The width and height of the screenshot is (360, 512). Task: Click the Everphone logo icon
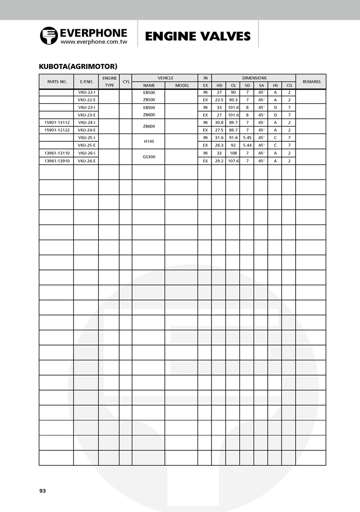coord(49,36)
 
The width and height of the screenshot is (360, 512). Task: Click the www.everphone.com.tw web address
coord(94,42)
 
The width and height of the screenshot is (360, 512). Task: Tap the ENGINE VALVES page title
coord(198,36)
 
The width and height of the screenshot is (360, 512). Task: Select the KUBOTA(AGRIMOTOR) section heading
coord(78,67)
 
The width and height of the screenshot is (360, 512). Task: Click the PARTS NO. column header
coord(57,82)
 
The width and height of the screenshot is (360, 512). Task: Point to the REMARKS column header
coord(311,82)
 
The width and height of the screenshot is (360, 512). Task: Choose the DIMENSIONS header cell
coord(254,78)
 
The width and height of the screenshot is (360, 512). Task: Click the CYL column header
coord(126,82)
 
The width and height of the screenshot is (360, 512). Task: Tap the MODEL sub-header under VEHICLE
coord(182,85)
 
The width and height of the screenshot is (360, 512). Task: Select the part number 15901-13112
coord(57,122)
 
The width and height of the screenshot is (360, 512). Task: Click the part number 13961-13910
coord(57,161)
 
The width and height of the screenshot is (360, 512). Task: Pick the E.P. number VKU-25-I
coord(86,138)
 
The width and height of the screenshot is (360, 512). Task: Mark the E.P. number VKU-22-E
coord(86,100)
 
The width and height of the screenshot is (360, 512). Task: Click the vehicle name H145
coord(149,141)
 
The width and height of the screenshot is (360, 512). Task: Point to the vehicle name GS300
coord(149,157)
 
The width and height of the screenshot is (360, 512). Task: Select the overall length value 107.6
coord(233,161)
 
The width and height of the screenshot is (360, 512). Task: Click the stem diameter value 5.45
coord(247,138)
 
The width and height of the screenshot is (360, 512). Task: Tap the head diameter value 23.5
coord(219,100)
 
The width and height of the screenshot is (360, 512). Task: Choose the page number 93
coord(43,491)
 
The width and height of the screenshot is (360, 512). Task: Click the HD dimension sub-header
coord(219,85)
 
